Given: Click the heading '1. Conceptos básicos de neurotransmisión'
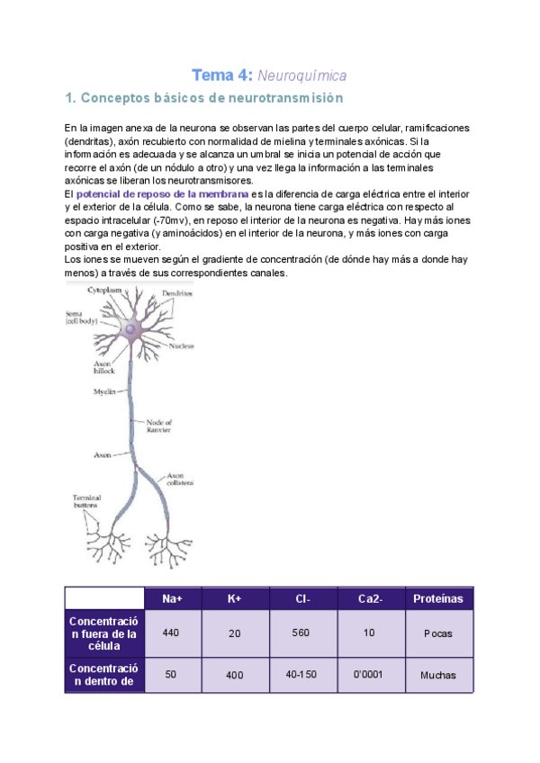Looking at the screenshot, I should coord(205,97).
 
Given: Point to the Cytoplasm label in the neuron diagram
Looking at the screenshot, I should coord(104,290).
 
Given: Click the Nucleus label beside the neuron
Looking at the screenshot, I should coord(183,345).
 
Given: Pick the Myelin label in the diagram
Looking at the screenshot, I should coord(104,391).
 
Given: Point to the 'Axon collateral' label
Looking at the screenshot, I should coord(181,479).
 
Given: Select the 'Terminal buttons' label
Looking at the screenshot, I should coord(87,501).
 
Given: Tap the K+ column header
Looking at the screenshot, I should coord(234,598).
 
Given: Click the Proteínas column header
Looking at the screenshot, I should coord(437,598).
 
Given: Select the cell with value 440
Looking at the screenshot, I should coord(171,633).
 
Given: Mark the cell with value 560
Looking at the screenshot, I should coord(301,633).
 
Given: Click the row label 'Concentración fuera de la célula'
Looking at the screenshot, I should coord(103,633).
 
